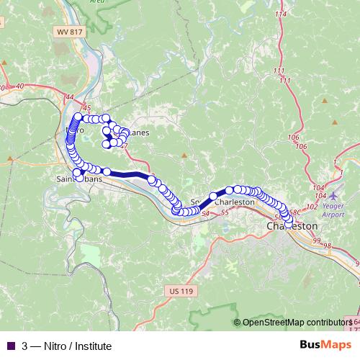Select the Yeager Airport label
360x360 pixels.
click(333, 210)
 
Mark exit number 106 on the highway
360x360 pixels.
click(292, 137)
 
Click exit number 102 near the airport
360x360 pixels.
click(312, 207)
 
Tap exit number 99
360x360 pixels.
click(317, 238)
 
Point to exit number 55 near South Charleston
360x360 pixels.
click(225, 212)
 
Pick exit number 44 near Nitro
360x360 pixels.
click(69, 97)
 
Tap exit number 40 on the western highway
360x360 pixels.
click(19, 86)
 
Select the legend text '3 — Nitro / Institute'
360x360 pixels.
click(66, 346)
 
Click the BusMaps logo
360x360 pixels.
click(325, 346)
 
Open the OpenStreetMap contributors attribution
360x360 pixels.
click(297, 323)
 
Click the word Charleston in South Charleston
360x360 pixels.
click(235, 202)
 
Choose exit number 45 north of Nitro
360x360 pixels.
click(88, 107)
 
